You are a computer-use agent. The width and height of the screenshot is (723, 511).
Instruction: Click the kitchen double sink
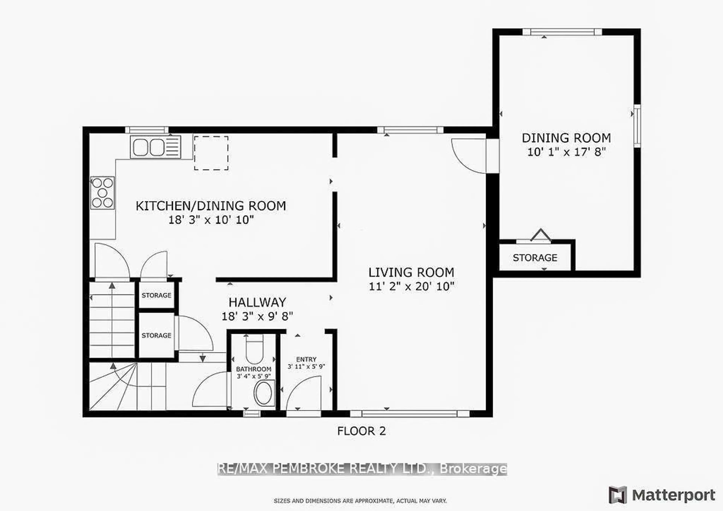156,147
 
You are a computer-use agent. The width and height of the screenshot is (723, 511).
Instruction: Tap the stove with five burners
102,193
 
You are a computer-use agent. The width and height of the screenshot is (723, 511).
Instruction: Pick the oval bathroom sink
264,393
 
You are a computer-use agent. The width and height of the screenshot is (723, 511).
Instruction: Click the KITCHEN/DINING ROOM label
211,206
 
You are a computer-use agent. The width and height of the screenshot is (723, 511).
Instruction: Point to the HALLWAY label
257,302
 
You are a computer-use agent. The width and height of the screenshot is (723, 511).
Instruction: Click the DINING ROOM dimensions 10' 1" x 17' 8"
566,152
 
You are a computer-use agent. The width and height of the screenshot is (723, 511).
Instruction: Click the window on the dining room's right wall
637,126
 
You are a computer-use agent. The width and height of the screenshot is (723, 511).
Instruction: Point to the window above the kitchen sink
147,130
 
